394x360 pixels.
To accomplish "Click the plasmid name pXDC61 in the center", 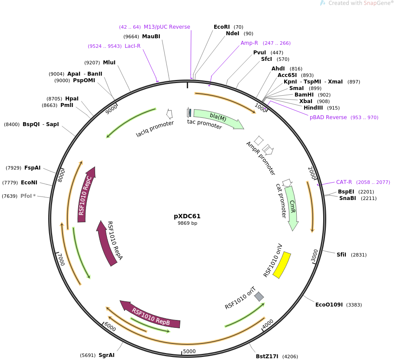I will tap(187, 216).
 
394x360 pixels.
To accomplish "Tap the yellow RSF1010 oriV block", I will tap(281, 265).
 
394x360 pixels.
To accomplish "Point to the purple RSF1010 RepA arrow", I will tap(107, 243).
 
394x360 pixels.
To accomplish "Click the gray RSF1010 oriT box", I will tap(259, 297).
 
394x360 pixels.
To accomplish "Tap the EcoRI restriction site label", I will tap(222, 27).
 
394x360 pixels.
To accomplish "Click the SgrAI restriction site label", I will tap(106, 355).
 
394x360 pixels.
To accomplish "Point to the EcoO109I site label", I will tap(329, 304).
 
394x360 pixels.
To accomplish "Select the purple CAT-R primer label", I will tap(344, 182).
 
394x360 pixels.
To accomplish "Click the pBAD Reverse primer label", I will tap(328, 117).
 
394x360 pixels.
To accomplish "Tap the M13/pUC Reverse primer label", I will tap(167, 27).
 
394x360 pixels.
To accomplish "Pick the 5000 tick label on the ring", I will tap(189, 351).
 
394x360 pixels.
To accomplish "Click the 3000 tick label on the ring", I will tap(315, 255).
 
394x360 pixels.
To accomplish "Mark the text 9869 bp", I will tap(187, 223).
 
